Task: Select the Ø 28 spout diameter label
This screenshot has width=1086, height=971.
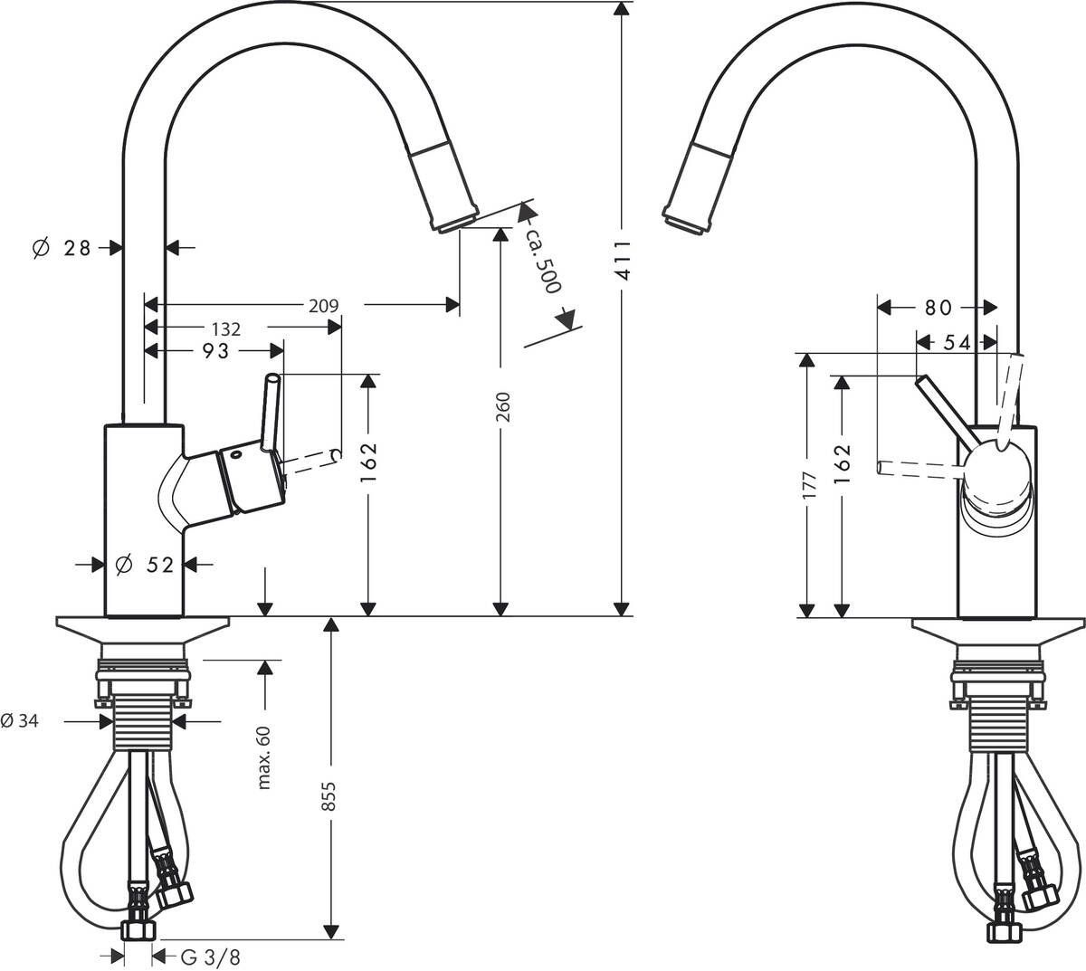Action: [x=62, y=247]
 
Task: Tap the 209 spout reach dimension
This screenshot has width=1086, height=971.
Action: [x=323, y=306]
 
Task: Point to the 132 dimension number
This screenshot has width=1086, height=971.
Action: [x=225, y=328]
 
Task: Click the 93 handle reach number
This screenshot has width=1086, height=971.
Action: [x=215, y=351]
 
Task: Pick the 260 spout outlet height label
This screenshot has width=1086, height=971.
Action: [x=503, y=407]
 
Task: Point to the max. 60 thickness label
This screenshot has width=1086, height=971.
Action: [x=264, y=756]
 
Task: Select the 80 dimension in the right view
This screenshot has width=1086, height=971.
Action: [x=938, y=308]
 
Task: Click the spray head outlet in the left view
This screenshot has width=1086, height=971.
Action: [x=458, y=224]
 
